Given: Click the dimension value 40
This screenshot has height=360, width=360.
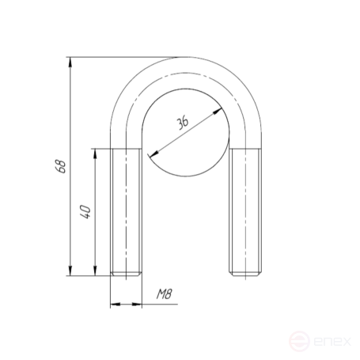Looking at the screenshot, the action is (85, 211).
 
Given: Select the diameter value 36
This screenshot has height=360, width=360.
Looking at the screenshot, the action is (183, 123).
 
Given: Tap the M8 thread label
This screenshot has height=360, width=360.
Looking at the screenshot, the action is (165, 294).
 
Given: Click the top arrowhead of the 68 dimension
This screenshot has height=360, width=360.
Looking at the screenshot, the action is (70, 63).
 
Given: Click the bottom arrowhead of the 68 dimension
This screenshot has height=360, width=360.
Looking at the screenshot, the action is (70, 271).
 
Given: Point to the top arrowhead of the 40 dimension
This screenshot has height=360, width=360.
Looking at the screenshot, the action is (95, 153).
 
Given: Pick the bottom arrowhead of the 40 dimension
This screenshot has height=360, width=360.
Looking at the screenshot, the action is (95, 271).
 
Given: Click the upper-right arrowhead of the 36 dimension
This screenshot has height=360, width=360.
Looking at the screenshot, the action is (217, 112).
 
